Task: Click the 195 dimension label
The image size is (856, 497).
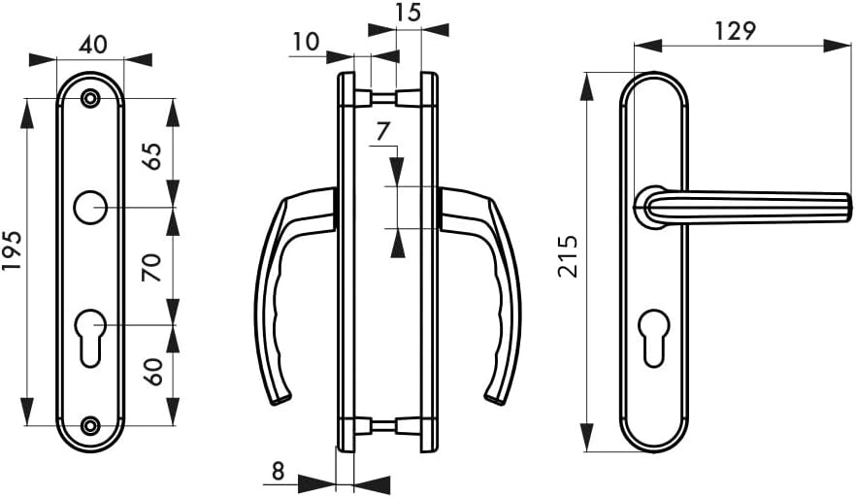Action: pos(12,250)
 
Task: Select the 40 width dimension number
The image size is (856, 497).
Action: pos(93,45)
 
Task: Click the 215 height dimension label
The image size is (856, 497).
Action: pos(568,256)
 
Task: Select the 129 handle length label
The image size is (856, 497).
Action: pos(736,31)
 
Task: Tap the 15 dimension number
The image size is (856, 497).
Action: pos(408,12)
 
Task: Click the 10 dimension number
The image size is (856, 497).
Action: pos(306,42)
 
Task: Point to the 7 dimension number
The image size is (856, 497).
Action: pos(383,132)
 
